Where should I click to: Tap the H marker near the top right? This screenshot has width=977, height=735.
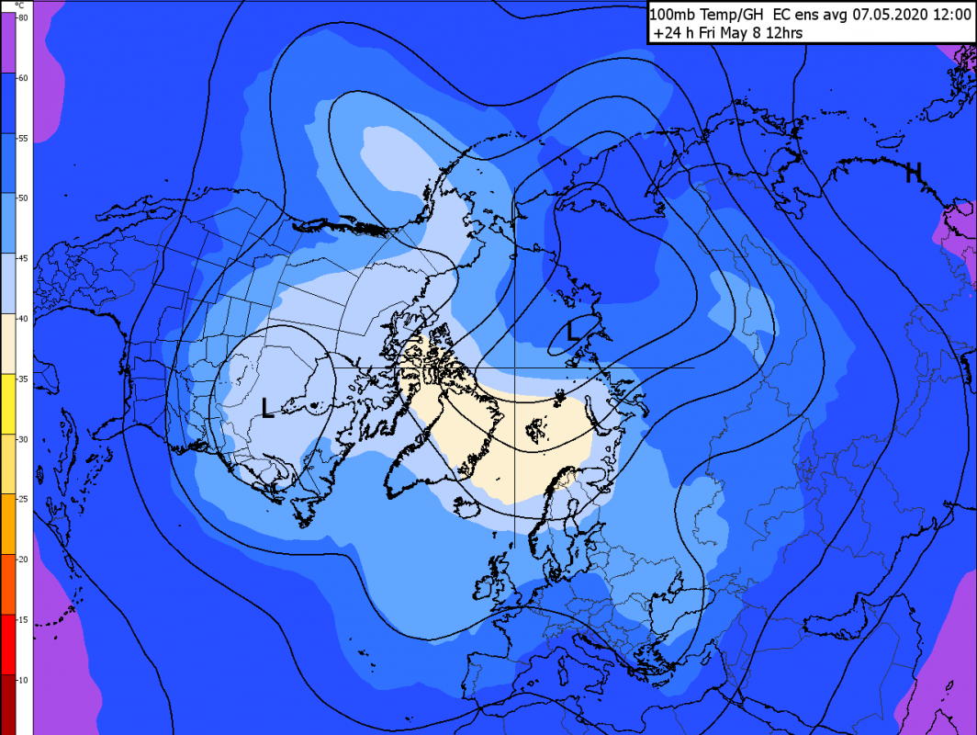(913, 172)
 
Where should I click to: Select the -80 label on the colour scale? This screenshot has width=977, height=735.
(23, 17)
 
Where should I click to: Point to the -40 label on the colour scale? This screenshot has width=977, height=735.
(23, 318)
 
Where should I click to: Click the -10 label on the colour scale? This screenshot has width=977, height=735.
(23, 679)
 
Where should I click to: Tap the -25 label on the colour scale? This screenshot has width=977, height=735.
(23, 499)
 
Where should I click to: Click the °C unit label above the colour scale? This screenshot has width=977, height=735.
(17, 6)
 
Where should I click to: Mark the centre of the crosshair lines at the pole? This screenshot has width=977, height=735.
(514, 367)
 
